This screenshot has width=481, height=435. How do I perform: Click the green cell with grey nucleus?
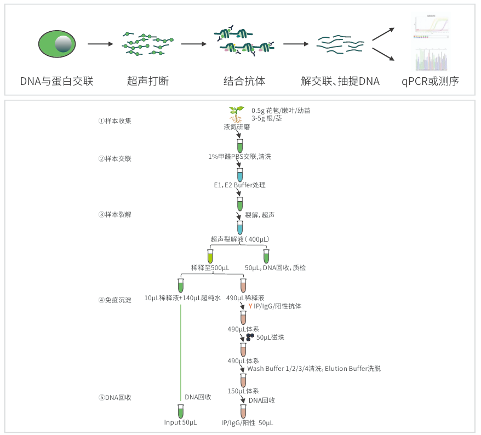pyautogui.click(x=57, y=44)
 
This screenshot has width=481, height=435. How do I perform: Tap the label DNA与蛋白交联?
pyautogui.click(x=57, y=82)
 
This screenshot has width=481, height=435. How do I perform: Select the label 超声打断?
pyautogui.click(x=148, y=82)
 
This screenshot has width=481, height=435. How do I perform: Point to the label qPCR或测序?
pyautogui.click(x=430, y=82)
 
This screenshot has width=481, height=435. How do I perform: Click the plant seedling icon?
pyautogui.click(x=236, y=114)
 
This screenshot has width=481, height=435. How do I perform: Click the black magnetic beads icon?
pyautogui.click(x=250, y=337)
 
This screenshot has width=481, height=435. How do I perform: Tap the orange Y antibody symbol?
pyautogui.click(x=250, y=306)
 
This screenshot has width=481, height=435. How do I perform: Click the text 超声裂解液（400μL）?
pyautogui.click(x=240, y=239)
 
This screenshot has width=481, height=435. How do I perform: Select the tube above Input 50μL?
pyautogui.click(x=180, y=411)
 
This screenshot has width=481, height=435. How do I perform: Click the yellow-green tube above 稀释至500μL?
pyautogui.click(x=210, y=256)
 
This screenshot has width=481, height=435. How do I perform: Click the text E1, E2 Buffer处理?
pyautogui.click(x=239, y=185)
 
